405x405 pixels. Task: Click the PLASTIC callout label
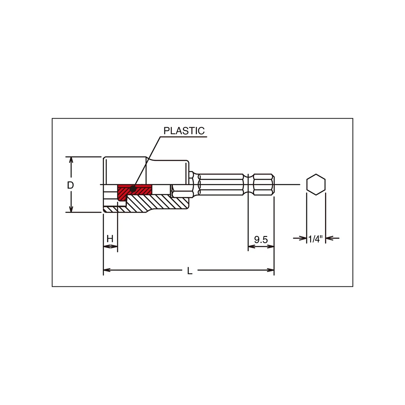coord(184,131)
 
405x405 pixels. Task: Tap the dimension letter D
coord(70,185)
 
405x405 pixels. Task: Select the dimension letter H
coord(110,239)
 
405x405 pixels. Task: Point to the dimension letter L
coord(190,271)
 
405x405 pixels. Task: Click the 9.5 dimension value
coord(261,240)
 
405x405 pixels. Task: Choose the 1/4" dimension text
coord(315,239)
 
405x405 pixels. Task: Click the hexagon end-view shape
coord(316,184)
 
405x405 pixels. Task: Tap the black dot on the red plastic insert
coord(133,189)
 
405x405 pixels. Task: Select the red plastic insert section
coord(134,191)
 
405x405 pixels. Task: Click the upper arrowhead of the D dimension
coord(71,160)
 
